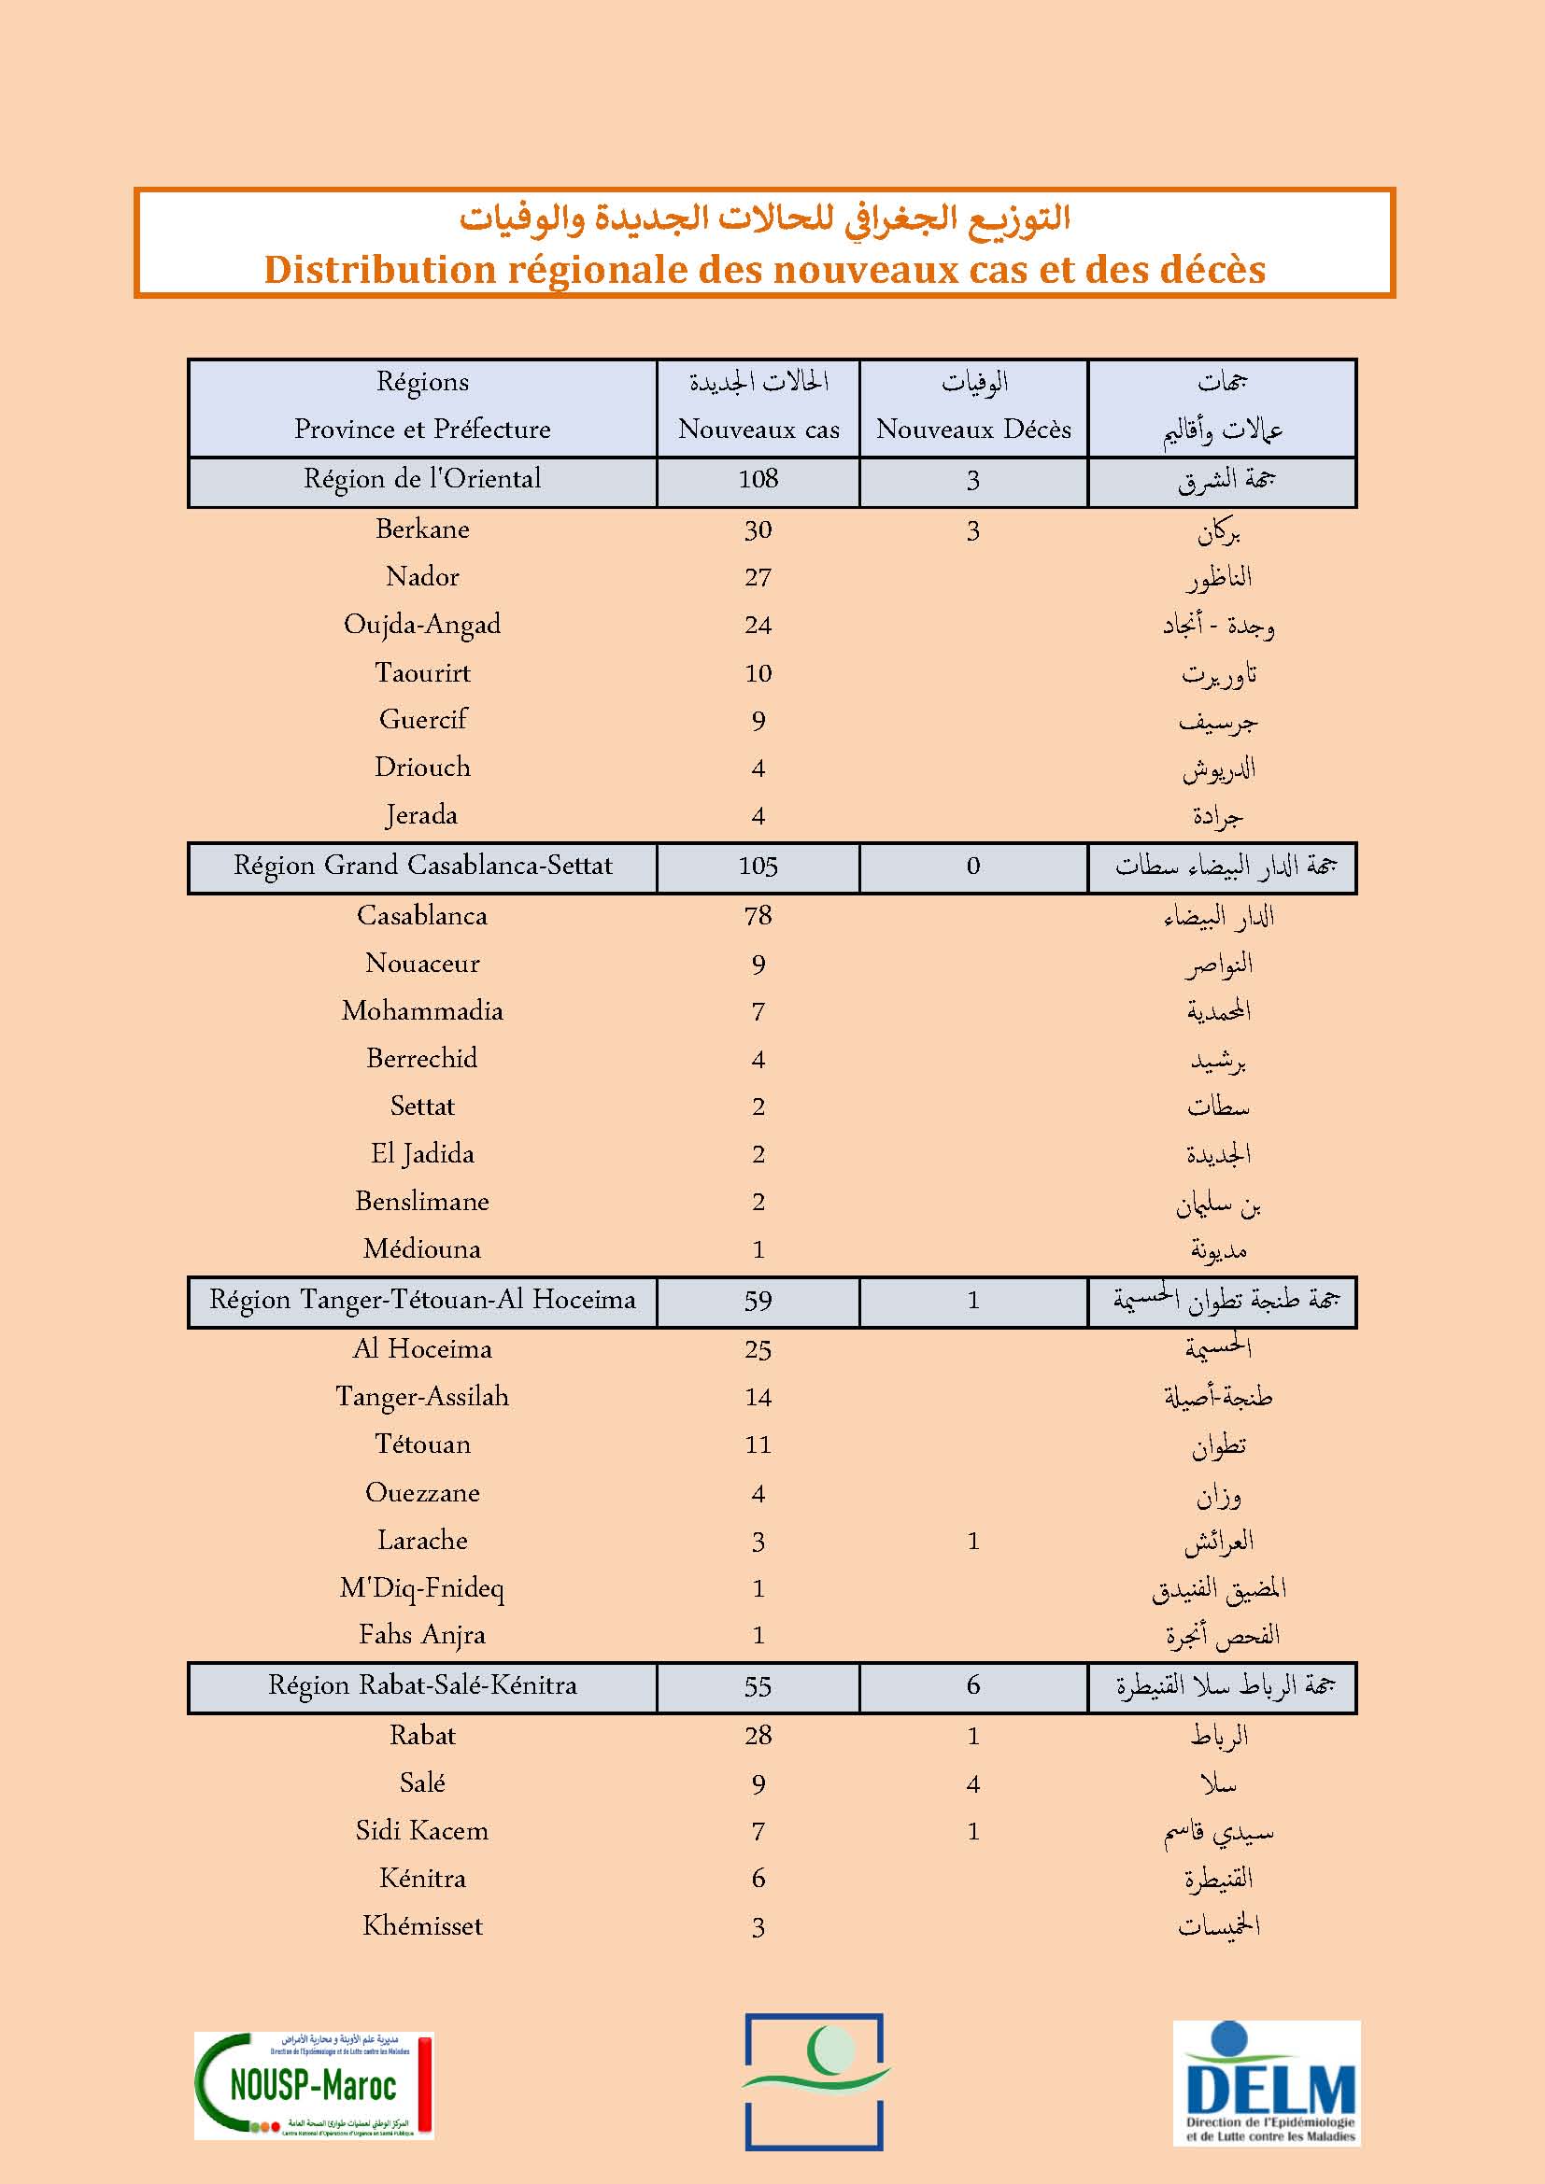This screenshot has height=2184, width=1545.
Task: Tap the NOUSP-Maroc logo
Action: pos(314,2086)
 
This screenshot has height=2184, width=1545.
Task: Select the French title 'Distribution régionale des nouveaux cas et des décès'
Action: pos(764,270)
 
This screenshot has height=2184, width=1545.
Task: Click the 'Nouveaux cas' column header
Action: pos(758,429)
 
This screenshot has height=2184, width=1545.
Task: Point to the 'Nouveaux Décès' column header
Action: pos(973,429)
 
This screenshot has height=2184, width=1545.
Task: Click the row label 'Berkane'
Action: pos(422,528)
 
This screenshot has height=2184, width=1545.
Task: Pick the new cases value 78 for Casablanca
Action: pos(758,915)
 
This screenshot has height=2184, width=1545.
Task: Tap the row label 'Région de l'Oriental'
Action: pos(422,478)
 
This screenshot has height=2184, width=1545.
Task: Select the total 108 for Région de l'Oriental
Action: pos(758,478)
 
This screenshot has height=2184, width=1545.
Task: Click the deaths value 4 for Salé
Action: pos(973,1783)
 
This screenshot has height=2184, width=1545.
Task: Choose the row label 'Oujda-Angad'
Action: pos(422,624)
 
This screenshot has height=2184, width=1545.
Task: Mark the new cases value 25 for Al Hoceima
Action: pos(758,1349)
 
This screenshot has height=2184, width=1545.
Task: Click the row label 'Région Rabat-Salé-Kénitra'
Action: pos(422,1685)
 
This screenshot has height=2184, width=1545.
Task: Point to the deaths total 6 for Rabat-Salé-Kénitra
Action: pos(973,1685)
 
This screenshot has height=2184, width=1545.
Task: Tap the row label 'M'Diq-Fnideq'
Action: pos(422,1587)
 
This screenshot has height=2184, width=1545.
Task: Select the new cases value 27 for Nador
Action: pos(758,576)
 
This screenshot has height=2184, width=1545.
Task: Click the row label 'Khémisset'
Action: pos(422,1926)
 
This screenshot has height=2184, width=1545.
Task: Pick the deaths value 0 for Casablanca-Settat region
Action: pos(973,866)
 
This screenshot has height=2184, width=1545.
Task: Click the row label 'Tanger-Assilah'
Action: pos(422,1396)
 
